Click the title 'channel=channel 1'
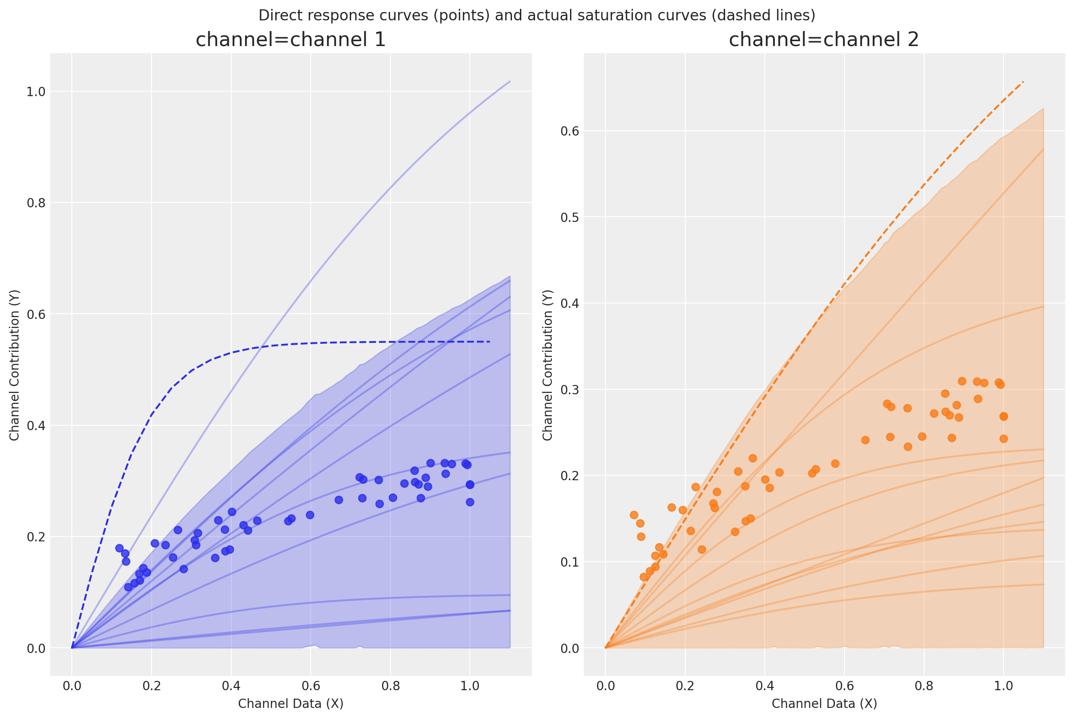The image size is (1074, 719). pyautogui.click(x=290, y=40)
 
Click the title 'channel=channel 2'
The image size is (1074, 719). pyautogui.click(x=824, y=40)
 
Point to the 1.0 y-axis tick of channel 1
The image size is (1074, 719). pyautogui.click(x=36, y=92)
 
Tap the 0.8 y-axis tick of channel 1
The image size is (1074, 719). pyautogui.click(x=36, y=203)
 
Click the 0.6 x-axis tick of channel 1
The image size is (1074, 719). pyautogui.click(x=311, y=687)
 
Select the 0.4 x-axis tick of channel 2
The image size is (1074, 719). pyautogui.click(x=764, y=687)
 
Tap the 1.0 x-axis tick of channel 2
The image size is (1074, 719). pyautogui.click(x=1003, y=687)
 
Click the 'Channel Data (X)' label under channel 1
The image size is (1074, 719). pyautogui.click(x=290, y=704)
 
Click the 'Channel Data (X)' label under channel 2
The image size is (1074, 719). pyautogui.click(x=824, y=704)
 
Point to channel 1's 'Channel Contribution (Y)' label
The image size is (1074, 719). pyautogui.click(x=15, y=365)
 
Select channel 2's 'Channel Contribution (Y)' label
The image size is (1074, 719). pyautogui.click(x=548, y=365)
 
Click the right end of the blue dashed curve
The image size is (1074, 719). pyautogui.click(x=490, y=342)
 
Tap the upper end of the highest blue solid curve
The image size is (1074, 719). pyautogui.click(x=510, y=82)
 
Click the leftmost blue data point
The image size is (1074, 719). pyautogui.click(x=119, y=548)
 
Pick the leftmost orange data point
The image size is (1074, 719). pyautogui.click(x=633, y=515)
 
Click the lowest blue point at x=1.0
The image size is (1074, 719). pyautogui.click(x=470, y=502)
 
